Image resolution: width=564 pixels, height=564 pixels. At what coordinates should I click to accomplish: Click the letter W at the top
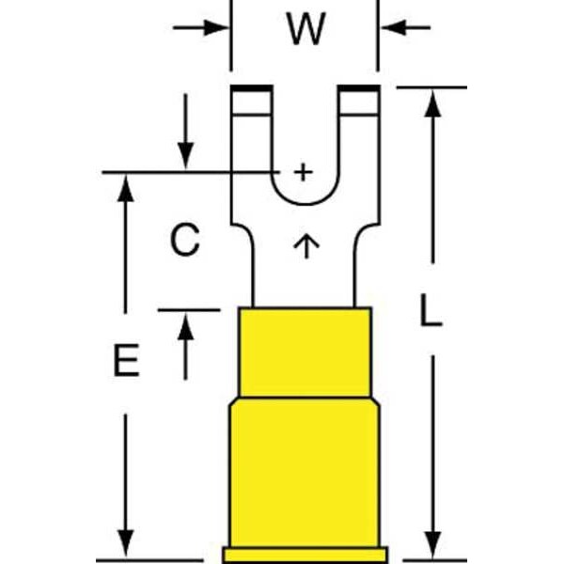pyautogui.click(x=306, y=29)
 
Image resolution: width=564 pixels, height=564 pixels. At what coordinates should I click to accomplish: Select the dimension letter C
pyautogui.click(x=185, y=239)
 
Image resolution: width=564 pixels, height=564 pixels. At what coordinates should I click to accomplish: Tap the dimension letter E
pyautogui.click(x=127, y=360)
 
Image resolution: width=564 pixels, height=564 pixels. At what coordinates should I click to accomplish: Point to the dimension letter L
pyautogui.click(x=431, y=310)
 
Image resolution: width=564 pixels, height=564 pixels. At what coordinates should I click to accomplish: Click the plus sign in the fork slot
pyautogui.click(x=304, y=172)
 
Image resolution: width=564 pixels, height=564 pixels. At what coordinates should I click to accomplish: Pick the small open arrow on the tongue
pyautogui.click(x=306, y=246)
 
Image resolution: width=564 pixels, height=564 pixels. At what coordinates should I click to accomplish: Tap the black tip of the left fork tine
pyautogui.click(x=252, y=88)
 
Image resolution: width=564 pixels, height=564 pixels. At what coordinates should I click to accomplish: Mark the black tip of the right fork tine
pyautogui.click(x=359, y=88)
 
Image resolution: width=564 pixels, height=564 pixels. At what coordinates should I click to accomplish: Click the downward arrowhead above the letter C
pyautogui.click(x=185, y=156)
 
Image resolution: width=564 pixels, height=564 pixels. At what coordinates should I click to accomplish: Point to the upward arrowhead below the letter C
pyautogui.click(x=185, y=326)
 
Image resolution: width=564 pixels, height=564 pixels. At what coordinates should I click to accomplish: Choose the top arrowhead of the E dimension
pyautogui.click(x=126, y=188)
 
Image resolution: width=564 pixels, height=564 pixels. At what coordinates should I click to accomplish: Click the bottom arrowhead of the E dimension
pyautogui.click(x=126, y=544)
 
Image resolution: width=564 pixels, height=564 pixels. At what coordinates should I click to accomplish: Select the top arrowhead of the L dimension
pyautogui.click(x=432, y=103)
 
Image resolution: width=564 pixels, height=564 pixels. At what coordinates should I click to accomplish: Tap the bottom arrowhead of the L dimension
pyautogui.click(x=432, y=544)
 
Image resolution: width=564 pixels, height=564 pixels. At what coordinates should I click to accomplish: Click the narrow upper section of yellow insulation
pyautogui.click(x=305, y=352)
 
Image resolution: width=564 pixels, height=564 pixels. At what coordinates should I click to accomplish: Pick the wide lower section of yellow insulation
pyautogui.click(x=305, y=472)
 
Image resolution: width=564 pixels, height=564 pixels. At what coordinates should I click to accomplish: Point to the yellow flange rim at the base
pyautogui.click(x=305, y=555)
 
